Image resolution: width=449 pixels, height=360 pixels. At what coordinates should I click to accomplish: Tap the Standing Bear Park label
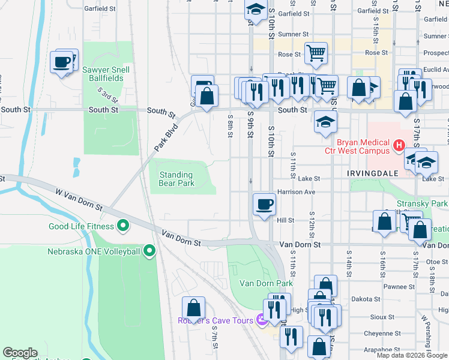(176, 179)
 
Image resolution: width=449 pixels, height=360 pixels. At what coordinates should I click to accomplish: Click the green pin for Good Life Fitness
(124, 226)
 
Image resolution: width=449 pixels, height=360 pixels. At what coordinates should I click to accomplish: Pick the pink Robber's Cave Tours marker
(261, 320)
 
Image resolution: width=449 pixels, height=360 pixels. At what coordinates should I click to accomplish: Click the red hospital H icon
(398, 146)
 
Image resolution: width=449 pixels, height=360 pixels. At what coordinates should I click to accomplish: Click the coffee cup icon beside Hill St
(264, 205)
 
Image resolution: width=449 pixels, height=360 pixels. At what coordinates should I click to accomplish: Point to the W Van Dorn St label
(79, 199)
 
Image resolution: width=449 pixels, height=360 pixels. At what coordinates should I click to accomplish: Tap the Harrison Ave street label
(296, 193)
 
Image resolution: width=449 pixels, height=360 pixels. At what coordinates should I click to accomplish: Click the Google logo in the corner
(20, 353)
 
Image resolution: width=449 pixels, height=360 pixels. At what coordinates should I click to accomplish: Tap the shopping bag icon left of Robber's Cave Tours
(193, 308)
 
